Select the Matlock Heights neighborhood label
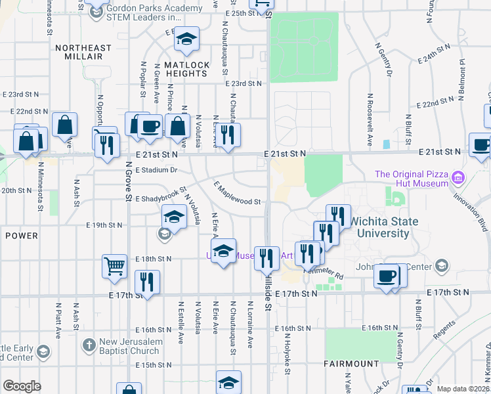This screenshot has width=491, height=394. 186,69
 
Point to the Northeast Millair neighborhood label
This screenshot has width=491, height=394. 83,52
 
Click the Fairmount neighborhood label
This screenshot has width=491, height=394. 351,363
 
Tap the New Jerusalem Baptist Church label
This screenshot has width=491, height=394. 129,347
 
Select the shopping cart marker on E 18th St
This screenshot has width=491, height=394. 114,266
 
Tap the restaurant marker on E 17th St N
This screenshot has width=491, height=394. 147,283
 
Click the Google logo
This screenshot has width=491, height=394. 22,386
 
